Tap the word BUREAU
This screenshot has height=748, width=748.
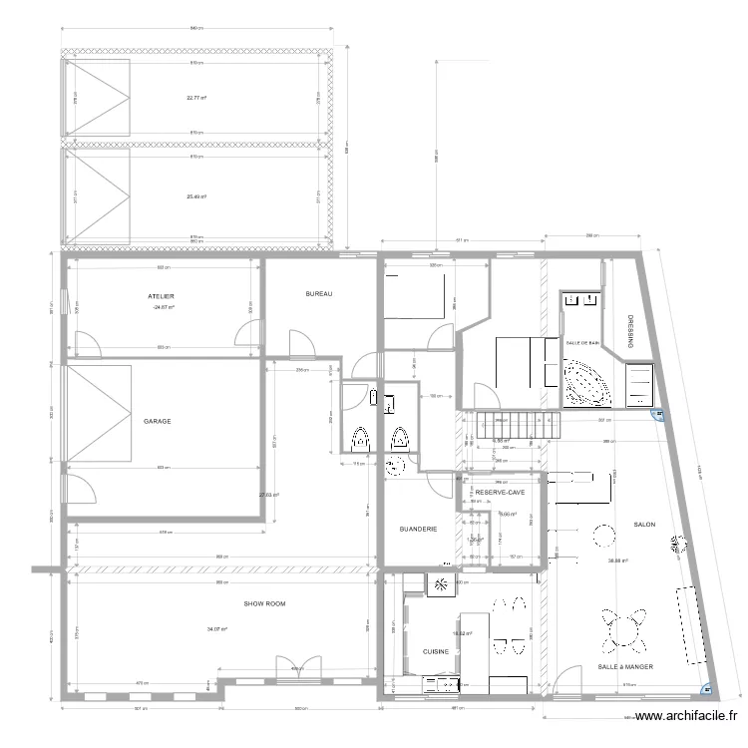(x=318, y=294)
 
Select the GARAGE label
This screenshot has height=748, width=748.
(x=157, y=421)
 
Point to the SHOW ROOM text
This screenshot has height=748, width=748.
(x=265, y=603)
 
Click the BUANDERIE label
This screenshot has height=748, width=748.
(x=418, y=529)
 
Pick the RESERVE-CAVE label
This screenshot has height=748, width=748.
(x=501, y=493)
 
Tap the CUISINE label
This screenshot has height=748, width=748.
(x=436, y=651)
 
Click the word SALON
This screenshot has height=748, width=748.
(x=644, y=524)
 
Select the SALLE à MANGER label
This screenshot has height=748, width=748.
(x=625, y=666)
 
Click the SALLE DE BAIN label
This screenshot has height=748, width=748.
(x=582, y=343)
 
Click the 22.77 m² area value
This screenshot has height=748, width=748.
(x=195, y=98)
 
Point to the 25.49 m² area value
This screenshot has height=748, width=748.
(x=195, y=196)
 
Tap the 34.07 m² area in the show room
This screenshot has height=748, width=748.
(x=217, y=629)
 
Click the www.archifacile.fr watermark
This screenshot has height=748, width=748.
(x=689, y=715)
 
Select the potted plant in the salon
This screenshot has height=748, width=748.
(x=681, y=545)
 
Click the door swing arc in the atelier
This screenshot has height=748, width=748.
(x=87, y=344)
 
